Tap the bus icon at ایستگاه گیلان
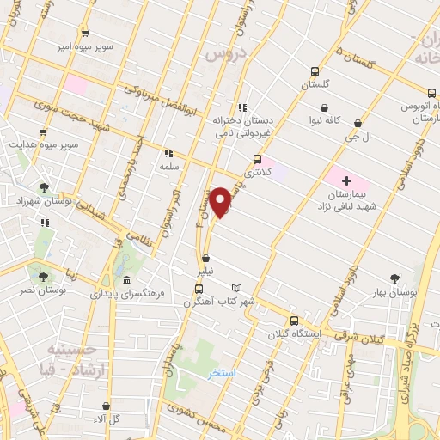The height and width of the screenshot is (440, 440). (294, 320)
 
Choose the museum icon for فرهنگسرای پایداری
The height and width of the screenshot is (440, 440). (127, 282)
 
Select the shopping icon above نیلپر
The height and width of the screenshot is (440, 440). (205, 258)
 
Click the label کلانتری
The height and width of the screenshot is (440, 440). (257, 173)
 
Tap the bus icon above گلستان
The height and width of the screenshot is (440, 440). (315, 72)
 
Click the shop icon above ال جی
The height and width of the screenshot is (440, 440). (357, 123)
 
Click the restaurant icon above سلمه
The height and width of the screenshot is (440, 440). (168, 154)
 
